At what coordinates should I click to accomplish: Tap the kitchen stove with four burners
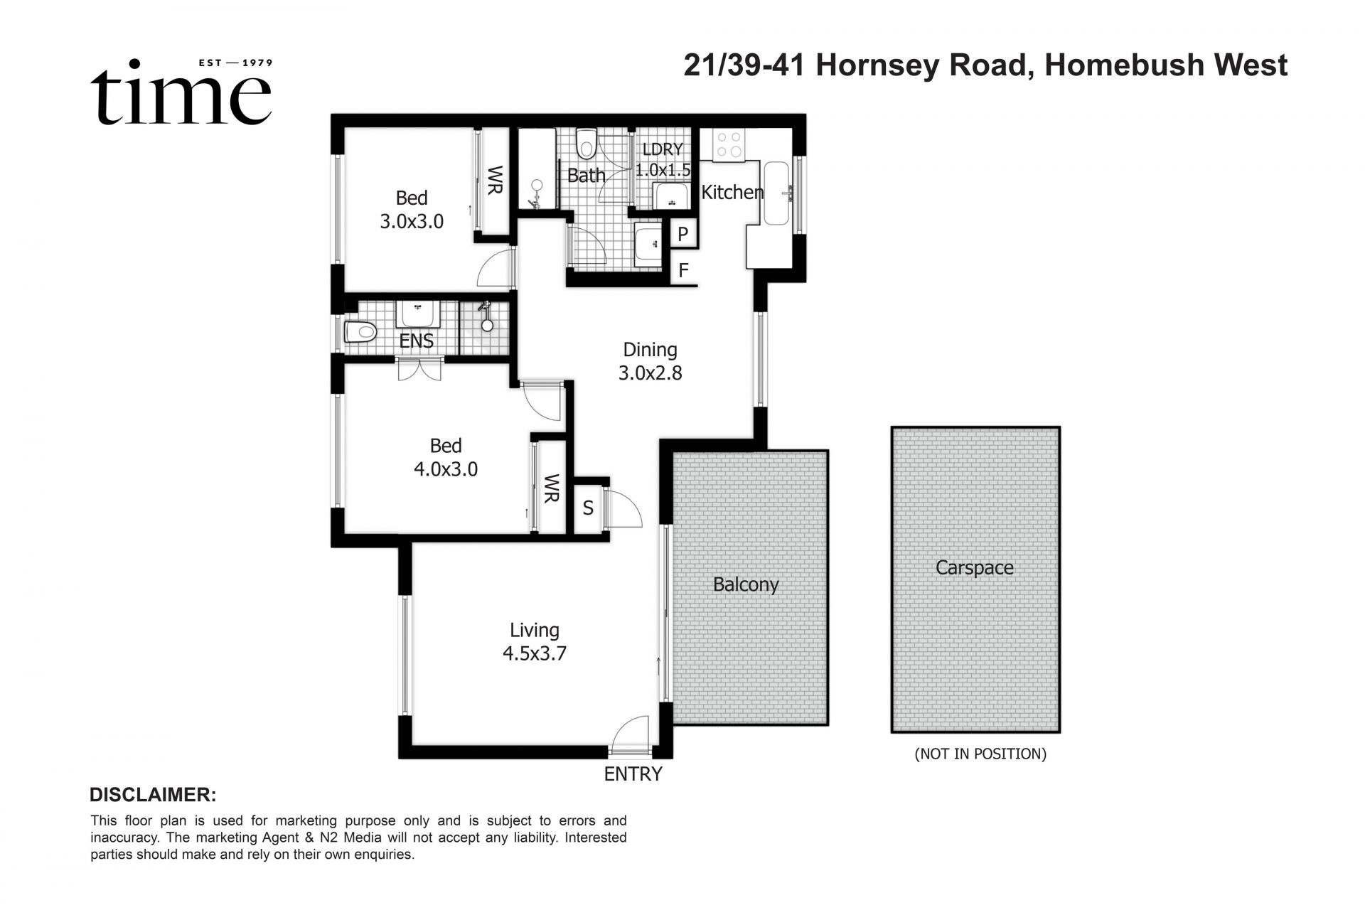click(x=729, y=144)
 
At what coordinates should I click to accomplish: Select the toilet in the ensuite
click(x=360, y=332)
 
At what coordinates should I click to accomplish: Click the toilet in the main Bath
click(x=586, y=144)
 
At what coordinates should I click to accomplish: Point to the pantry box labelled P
click(x=683, y=234)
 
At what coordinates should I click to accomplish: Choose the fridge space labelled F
click(x=684, y=270)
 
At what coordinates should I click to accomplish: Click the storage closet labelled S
click(x=588, y=508)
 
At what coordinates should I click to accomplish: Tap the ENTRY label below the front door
click(x=633, y=774)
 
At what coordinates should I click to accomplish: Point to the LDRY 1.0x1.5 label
click(x=663, y=160)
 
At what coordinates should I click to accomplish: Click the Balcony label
click(x=746, y=584)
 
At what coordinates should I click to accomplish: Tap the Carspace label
click(x=974, y=567)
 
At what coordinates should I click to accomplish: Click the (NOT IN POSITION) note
click(x=980, y=754)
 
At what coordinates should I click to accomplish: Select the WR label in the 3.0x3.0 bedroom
click(x=495, y=180)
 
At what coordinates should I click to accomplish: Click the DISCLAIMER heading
click(x=153, y=794)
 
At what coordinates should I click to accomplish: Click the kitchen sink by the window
click(x=776, y=193)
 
